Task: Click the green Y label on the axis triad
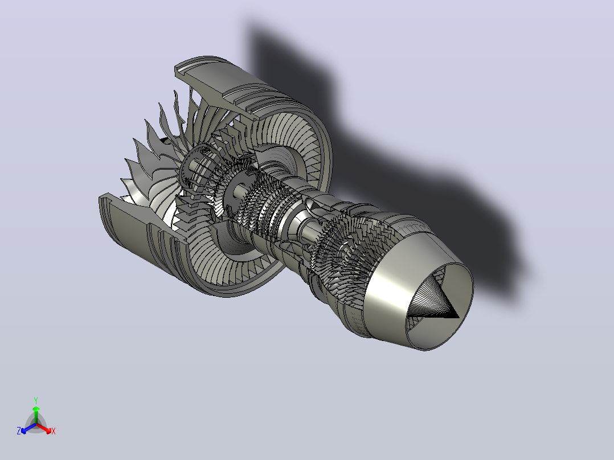[x=36, y=400]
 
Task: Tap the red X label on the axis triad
[x=54, y=431]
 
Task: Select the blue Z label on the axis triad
[x=19, y=431]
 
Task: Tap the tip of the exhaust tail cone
[x=459, y=318]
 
